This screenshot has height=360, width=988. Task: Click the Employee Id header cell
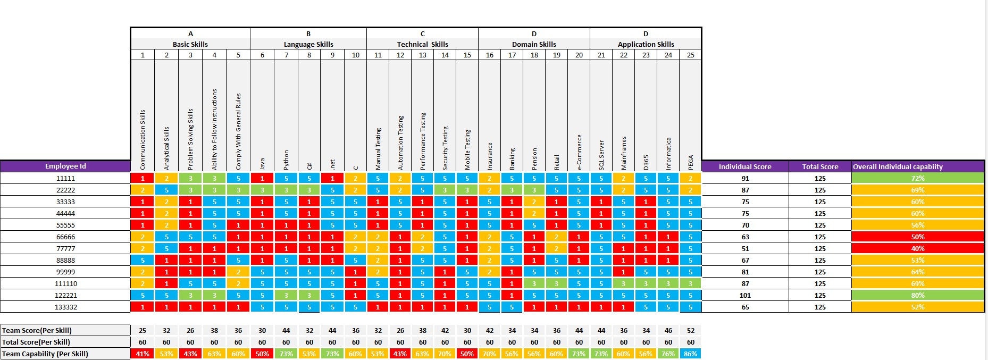(65, 166)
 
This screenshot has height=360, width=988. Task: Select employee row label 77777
(65, 248)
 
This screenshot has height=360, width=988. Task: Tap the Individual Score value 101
(745, 295)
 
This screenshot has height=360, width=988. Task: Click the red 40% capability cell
(917, 248)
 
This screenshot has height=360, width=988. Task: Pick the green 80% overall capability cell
(917, 295)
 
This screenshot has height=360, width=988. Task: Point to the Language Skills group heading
(308, 44)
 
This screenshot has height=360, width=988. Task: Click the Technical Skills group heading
(422, 44)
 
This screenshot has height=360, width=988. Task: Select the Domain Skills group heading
(534, 44)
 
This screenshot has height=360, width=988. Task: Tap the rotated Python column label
(286, 160)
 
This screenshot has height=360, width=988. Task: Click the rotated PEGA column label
(691, 162)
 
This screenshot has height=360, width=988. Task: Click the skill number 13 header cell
(422, 55)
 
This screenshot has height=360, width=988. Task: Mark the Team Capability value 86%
(690, 354)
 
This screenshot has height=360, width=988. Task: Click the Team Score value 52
(690, 330)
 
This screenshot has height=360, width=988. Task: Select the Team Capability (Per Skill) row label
(45, 354)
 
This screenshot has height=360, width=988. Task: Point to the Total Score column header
(820, 166)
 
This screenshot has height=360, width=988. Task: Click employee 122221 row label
(65, 295)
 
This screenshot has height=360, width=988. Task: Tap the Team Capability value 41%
(143, 354)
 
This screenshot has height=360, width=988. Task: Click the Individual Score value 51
(745, 248)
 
